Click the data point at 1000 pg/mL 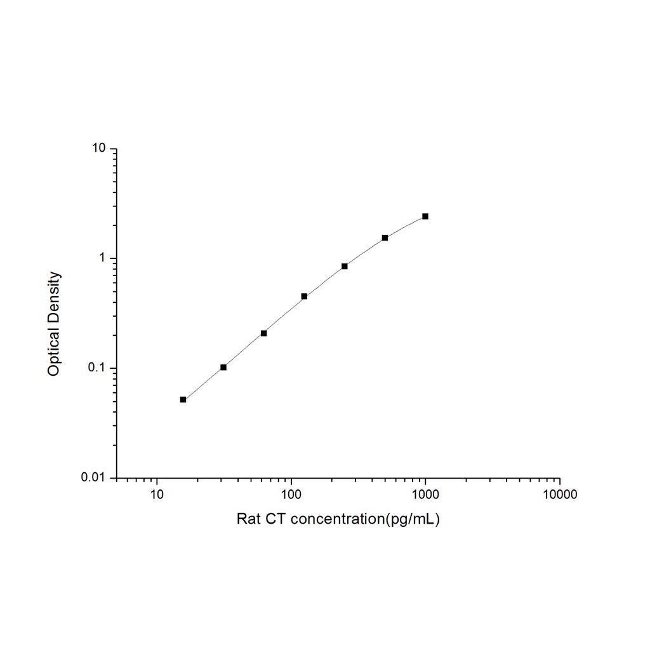[425, 216]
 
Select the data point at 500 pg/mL [385, 238]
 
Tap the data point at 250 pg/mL [345, 266]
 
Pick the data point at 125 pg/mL [304, 296]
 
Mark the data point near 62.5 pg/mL [263, 333]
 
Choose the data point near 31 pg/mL [223, 368]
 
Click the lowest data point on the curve [183, 399]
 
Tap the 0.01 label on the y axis [94, 477]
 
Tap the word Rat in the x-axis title [248, 519]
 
